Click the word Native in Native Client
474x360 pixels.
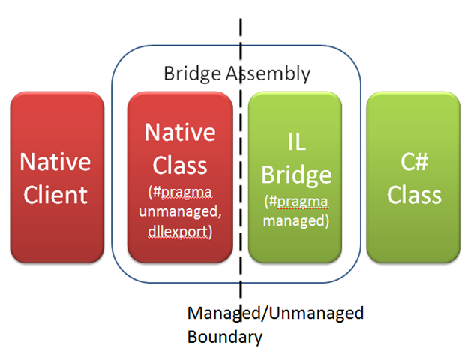coord(55,162)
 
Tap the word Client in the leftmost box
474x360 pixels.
coord(55,195)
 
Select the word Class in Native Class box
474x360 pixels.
coord(180,165)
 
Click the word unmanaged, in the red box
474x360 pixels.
coord(180,211)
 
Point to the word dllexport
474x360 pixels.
coord(178,232)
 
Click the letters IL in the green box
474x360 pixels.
coord(296,142)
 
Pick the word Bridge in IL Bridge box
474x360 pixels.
coord(296,175)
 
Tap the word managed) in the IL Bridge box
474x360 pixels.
coord(296,220)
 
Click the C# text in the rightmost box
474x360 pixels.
coord(415,162)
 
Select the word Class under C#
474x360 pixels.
coord(415,195)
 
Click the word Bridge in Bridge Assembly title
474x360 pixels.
coord(192,73)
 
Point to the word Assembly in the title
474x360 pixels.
coord(268,73)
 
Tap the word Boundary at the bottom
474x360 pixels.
coord(225,337)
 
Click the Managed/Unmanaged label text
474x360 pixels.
coord(275,313)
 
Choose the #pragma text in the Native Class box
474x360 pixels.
coord(183,192)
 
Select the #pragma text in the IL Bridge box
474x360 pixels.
coord(299,202)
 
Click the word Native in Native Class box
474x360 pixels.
coord(180,132)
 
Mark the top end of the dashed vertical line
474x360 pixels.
coord(241,19)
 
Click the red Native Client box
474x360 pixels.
coord(57,177)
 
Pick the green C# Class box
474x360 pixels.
coord(413,177)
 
